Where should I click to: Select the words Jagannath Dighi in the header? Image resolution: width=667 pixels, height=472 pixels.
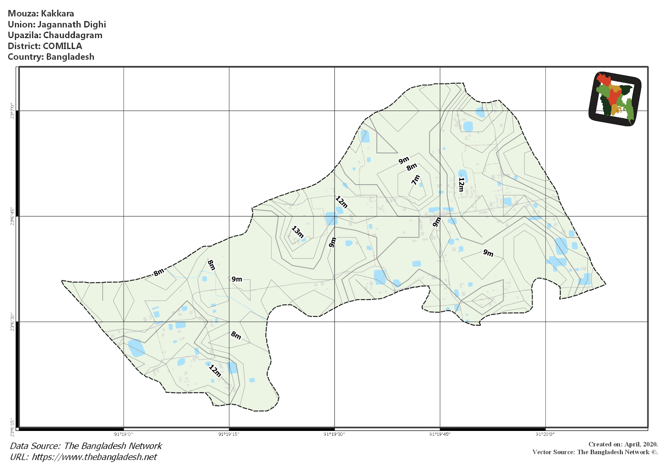(x=72, y=24)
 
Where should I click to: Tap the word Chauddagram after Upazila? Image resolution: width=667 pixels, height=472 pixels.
(x=73, y=35)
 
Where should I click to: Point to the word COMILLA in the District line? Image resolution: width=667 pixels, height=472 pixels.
(x=62, y=46)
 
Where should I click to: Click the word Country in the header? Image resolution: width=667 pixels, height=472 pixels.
(x=25, y=57)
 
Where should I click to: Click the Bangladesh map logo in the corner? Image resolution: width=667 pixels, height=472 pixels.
(x=615, y=99)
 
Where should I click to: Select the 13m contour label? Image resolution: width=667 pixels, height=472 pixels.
(x=297, y=232)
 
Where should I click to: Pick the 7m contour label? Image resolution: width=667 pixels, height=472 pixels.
(x=416, y=180)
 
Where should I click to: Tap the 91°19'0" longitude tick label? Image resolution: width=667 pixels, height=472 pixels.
(x=123, y=434)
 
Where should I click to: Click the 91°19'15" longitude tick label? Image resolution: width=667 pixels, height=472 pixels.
(x=229, y=434)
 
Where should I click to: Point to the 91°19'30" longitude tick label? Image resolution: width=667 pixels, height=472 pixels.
(x=334, y=434)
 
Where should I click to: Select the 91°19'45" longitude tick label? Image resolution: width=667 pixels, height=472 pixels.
(x=440, y=434)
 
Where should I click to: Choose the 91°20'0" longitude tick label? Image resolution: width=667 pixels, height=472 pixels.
(x=545, y=434)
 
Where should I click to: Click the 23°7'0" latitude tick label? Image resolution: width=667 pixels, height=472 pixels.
(x=12, y=111)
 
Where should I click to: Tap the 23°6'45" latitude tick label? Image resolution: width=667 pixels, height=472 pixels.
(x=12, y=216)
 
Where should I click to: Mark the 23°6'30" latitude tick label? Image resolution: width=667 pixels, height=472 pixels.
(x=12, y=322)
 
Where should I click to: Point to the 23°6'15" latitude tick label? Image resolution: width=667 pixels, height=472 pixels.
(x=12, y=427)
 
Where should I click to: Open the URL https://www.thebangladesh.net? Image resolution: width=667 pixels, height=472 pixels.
(x=94, y=457)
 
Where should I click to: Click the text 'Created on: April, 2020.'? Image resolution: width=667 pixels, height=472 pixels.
(x=623, y=444)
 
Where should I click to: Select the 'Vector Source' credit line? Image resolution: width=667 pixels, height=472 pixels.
(x=595, y=452)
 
